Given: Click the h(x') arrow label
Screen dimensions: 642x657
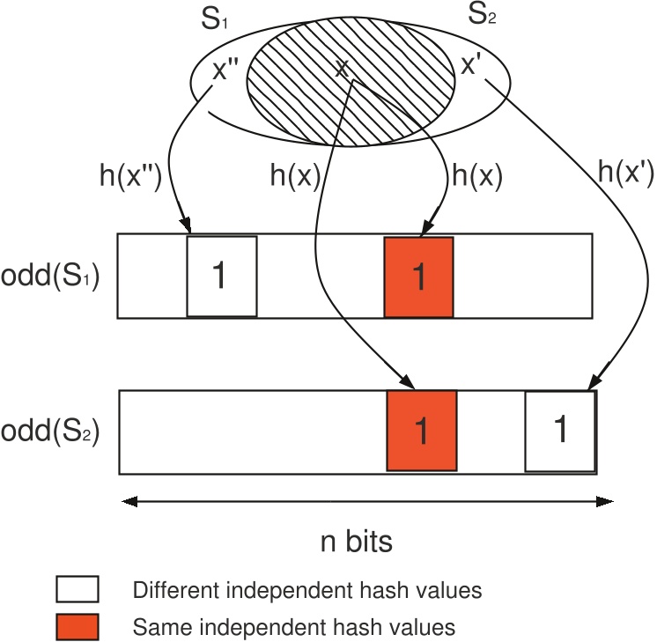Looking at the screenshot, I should [624, 174].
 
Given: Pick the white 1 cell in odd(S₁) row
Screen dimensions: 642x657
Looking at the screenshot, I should [221, 277].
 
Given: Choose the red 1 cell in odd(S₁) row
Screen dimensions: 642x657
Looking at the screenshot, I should [418, 277].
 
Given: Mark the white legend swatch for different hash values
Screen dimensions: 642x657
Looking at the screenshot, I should [77, 588].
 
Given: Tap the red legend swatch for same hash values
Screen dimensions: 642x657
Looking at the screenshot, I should [77, 626].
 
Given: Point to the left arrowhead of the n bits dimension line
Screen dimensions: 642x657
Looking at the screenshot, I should [129, 502].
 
